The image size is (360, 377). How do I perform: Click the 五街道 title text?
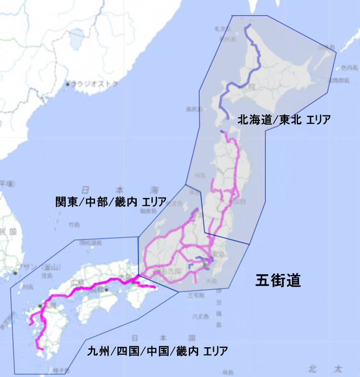[278, 280]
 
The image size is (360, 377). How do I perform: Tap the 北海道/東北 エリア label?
[284, 119]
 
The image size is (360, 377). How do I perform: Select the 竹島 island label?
[74, 224]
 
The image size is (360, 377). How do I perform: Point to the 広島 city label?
[76, 283]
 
